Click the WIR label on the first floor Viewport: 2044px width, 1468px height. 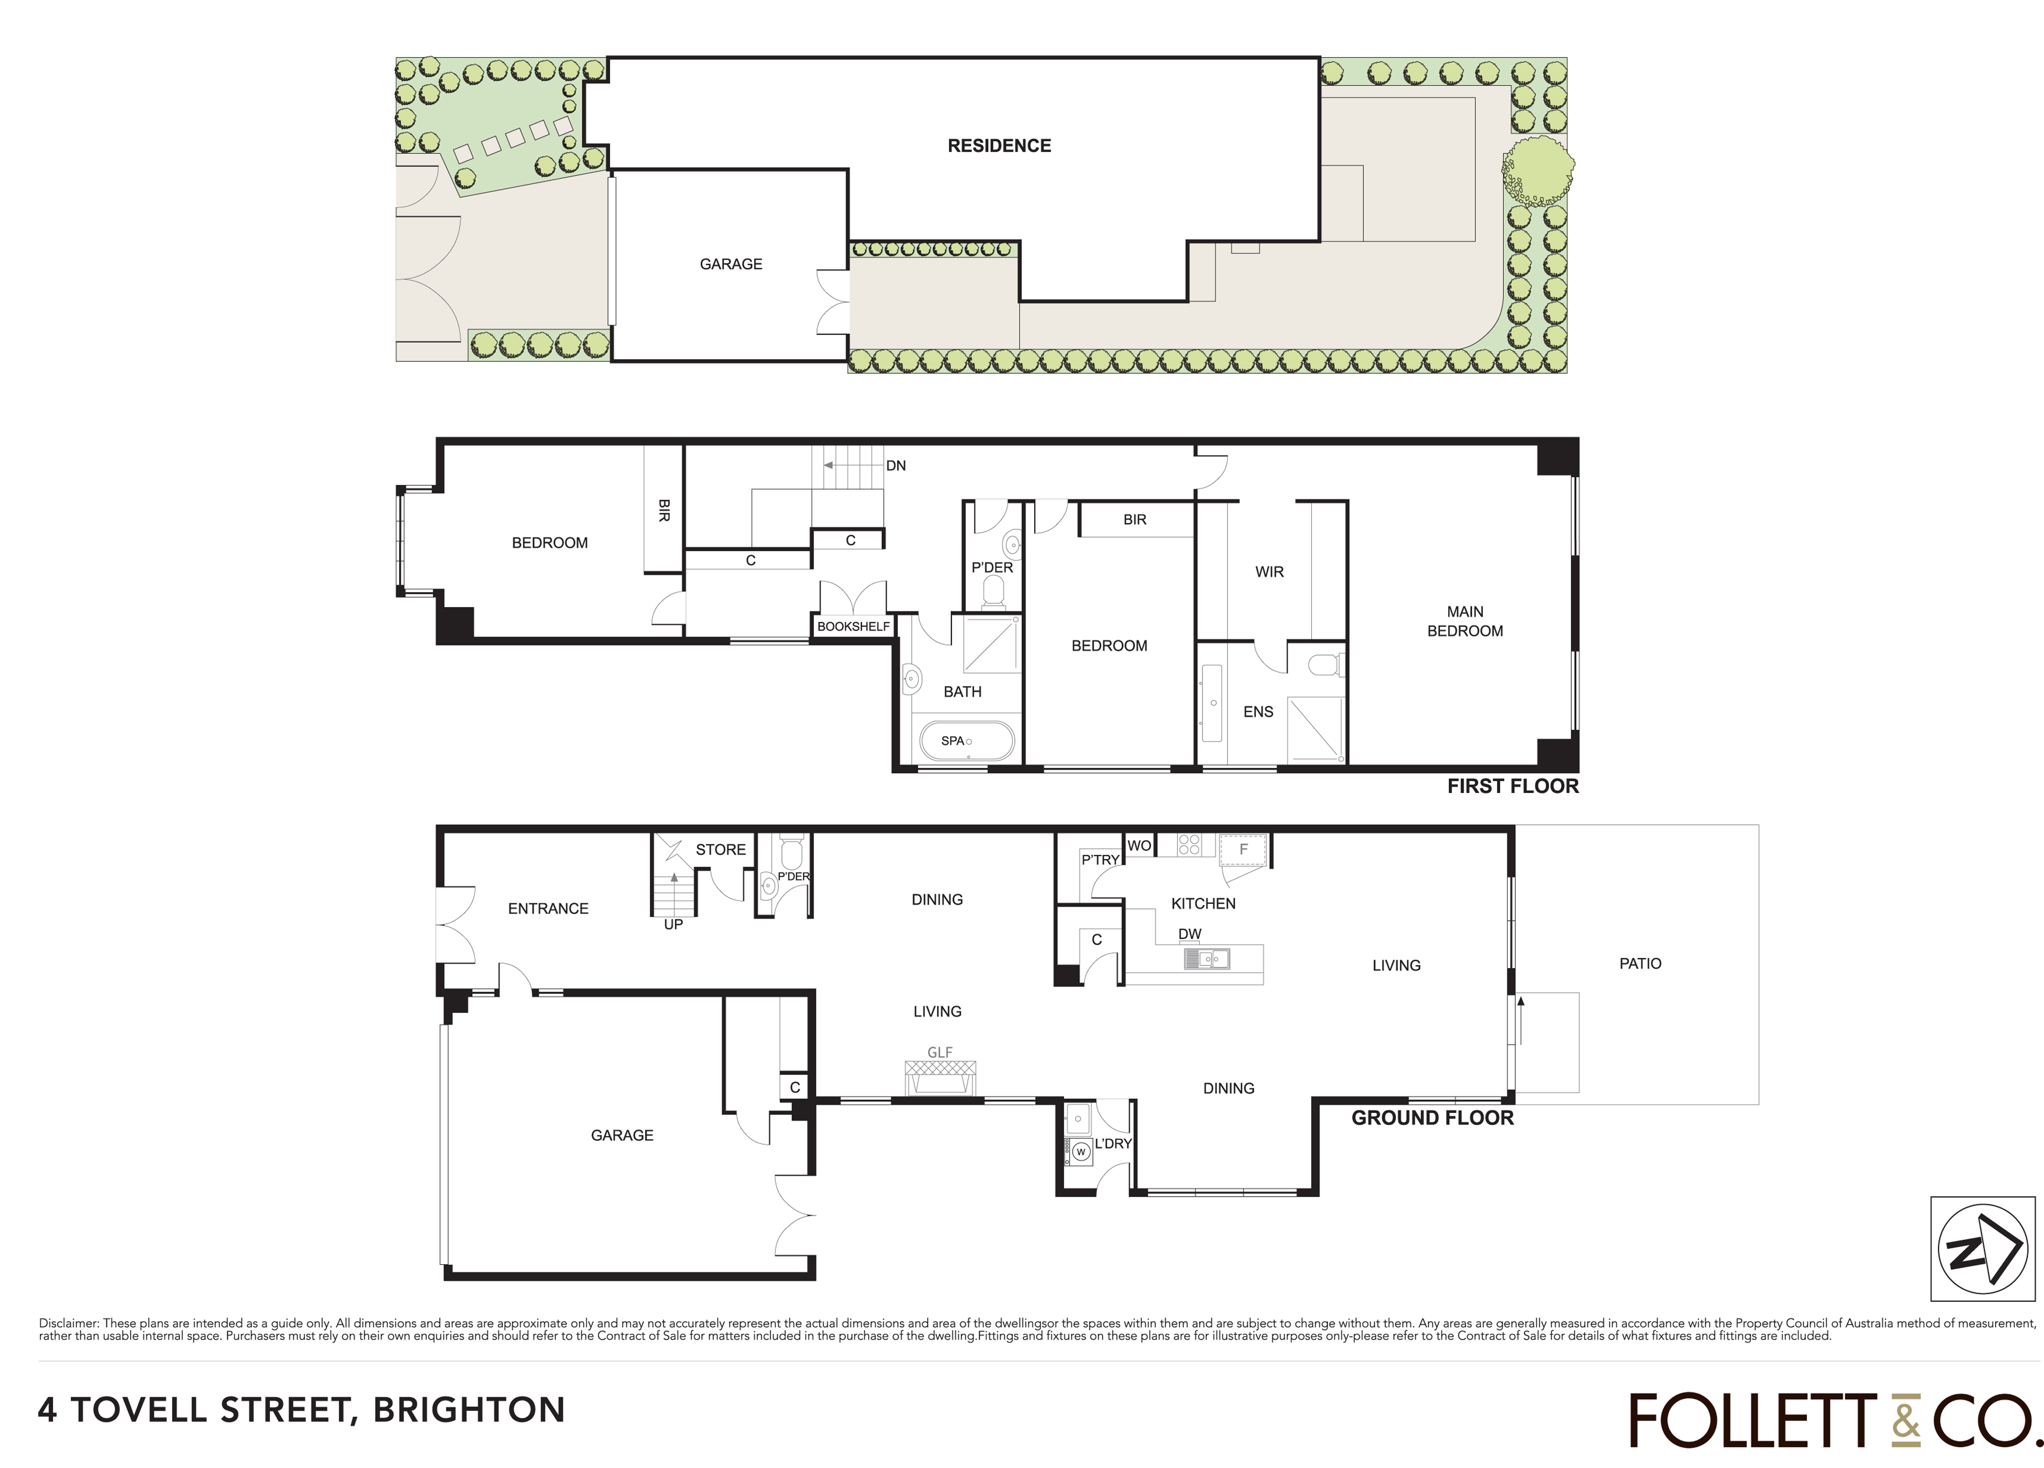click(x=1269, y=572)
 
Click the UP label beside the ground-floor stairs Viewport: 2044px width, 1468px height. click(x=673, y=925)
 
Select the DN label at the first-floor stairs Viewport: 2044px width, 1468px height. click(x=896, y=466)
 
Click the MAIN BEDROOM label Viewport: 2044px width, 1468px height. click(x=1465, y=622)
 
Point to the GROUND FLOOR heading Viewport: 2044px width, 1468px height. click(x=1432, y=1119)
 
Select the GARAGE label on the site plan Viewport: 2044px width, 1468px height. click(x=731, y=264)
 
